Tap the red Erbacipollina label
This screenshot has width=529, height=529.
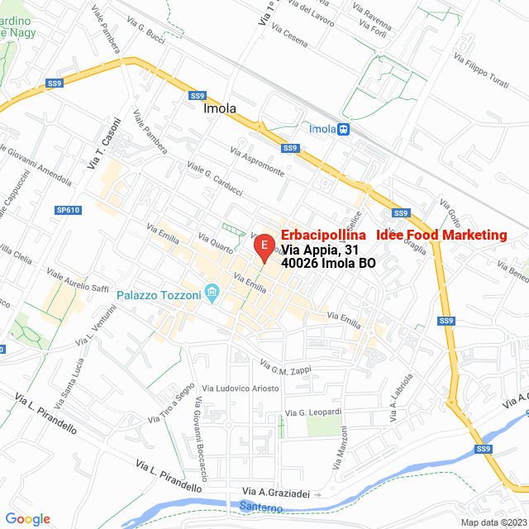click(x=323, y=236)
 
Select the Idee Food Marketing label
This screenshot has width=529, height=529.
click(x=441, y=236)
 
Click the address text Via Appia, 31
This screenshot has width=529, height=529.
click(x=321, y=250)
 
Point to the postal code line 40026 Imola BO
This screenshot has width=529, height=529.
click(x=328, y=264)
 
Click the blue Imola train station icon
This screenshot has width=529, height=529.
click(x=344, y=129)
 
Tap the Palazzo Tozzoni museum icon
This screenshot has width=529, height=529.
click(x=212, y=293)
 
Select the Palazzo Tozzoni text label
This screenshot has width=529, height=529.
click(x=159, y=295)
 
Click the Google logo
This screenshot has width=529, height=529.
click(x=28, y=519)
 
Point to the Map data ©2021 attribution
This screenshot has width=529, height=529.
click(x=493, y=522)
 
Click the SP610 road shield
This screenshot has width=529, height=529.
click(x=68, y=210)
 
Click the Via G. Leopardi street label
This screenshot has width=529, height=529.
click(x=313, y=412)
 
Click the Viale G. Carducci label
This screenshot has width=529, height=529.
click(x=215, y=179)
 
